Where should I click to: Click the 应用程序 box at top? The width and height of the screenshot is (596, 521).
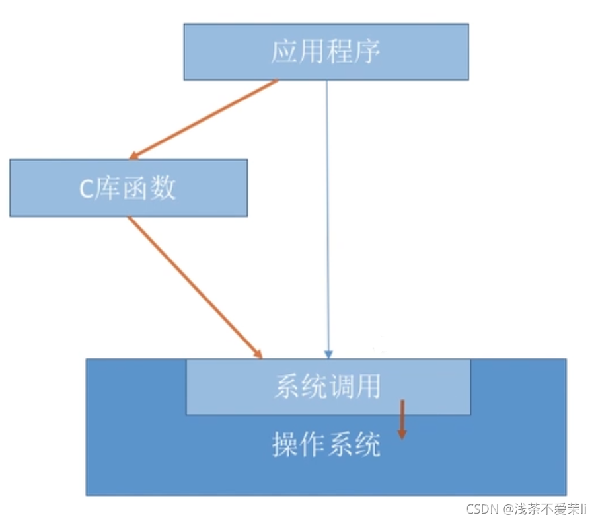326,52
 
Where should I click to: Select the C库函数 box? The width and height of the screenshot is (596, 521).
128,188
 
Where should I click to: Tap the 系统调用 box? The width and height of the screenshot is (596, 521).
328,387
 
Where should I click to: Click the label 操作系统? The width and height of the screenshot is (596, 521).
326,444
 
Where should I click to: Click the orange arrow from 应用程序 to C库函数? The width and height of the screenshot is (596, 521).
205,119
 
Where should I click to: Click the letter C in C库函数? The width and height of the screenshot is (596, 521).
86,189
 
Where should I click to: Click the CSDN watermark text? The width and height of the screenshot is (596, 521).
482,509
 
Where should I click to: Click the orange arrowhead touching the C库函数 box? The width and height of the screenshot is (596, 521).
133,155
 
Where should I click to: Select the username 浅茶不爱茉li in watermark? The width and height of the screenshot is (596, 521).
550,509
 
